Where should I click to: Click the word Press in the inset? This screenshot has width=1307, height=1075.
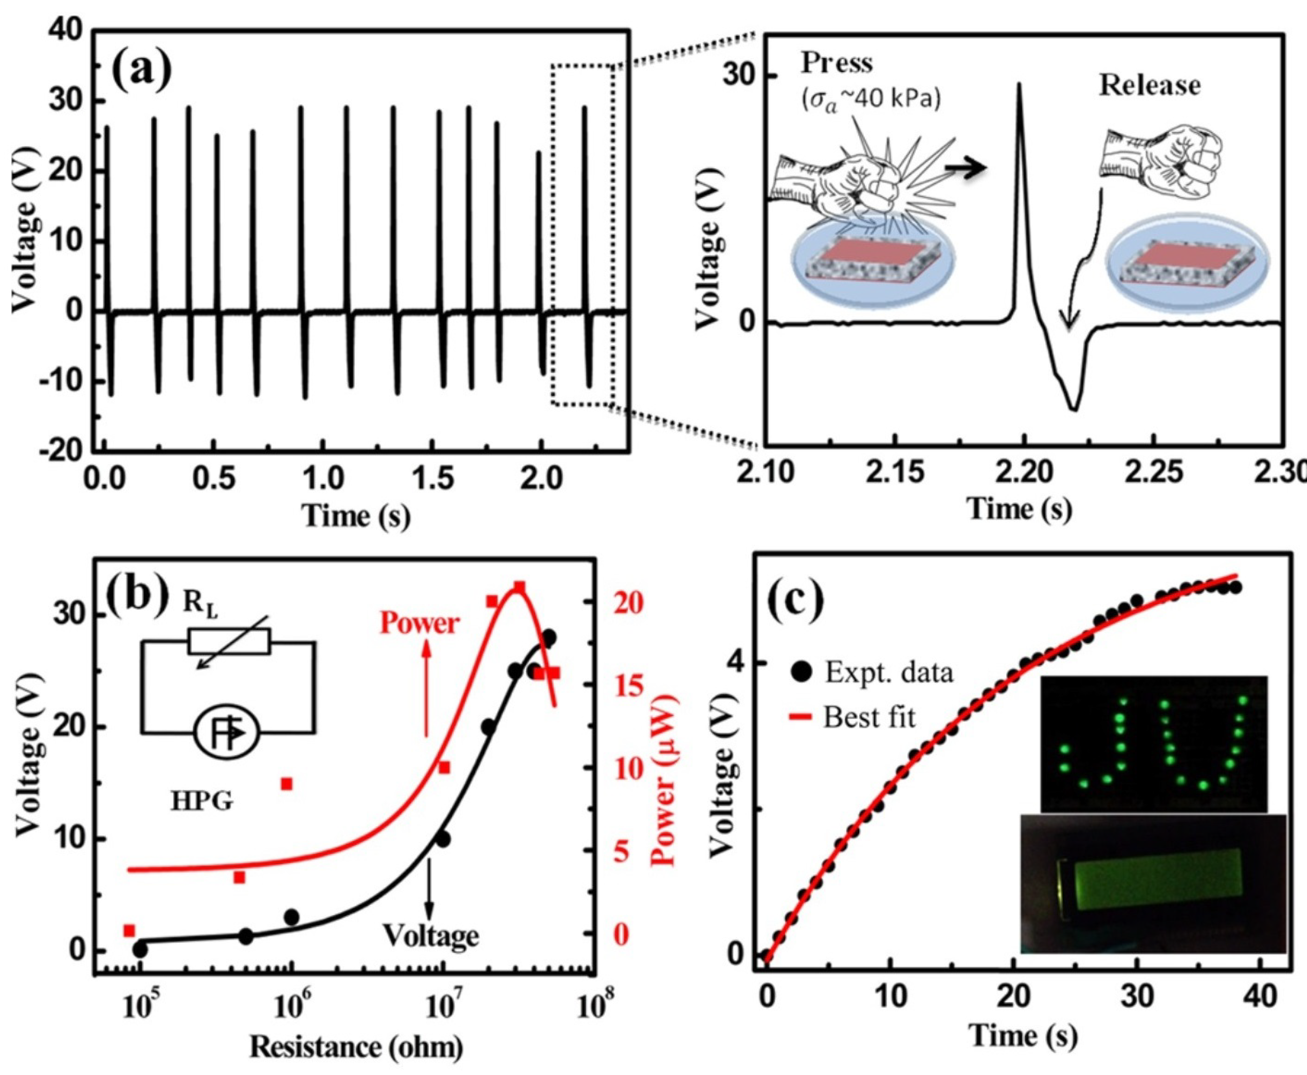837,63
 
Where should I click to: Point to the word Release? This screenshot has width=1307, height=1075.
1150,86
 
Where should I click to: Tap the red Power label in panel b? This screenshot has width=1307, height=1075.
420,623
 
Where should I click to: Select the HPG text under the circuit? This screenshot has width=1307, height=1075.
203,802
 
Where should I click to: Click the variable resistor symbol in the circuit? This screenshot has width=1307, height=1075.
229,642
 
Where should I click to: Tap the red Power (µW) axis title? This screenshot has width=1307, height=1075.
665,780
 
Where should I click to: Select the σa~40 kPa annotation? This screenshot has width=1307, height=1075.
871,100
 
